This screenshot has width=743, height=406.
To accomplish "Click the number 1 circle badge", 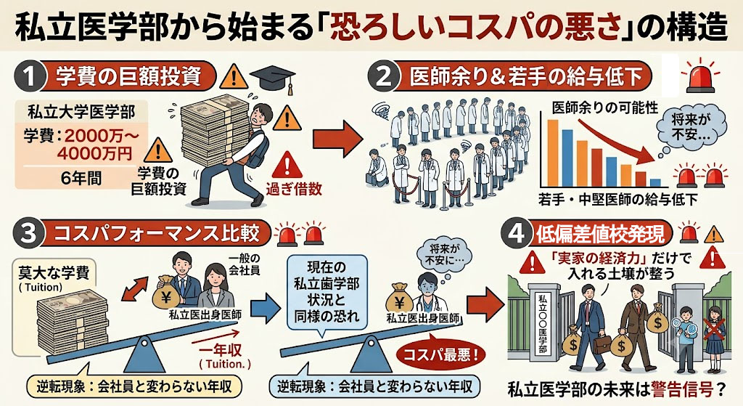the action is [29, 76].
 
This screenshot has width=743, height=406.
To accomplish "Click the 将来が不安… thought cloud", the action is [691, 126].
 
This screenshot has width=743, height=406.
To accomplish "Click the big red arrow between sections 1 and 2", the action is [338, 139].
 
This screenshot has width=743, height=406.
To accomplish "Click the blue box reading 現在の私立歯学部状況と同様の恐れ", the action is [327, 292].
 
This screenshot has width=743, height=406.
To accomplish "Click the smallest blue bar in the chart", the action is [655, 182].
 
